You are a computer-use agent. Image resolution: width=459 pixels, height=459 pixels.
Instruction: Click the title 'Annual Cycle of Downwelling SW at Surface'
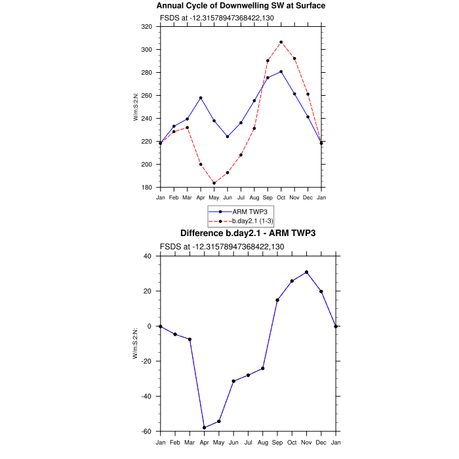coord(241,6)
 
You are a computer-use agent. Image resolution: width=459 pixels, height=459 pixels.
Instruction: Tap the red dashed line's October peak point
coord(281,42)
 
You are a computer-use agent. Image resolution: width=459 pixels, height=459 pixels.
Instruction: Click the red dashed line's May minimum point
coord(214,183)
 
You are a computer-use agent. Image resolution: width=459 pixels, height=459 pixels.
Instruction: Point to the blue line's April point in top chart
coord(201,98)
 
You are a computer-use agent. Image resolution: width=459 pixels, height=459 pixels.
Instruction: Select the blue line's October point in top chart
coord(281,71)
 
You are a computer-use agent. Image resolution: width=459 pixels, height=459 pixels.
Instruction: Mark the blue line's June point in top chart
coord(228,136)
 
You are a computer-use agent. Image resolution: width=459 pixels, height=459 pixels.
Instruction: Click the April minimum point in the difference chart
coord(205,428)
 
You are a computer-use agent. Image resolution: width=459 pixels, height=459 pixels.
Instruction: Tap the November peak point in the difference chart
coord(306,272)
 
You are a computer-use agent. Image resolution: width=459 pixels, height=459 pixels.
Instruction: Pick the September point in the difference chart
coord(277,300)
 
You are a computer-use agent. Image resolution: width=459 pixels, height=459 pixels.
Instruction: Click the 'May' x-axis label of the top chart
coord(214,197)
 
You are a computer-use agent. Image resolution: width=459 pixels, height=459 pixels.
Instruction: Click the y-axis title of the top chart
coord(136,107)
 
